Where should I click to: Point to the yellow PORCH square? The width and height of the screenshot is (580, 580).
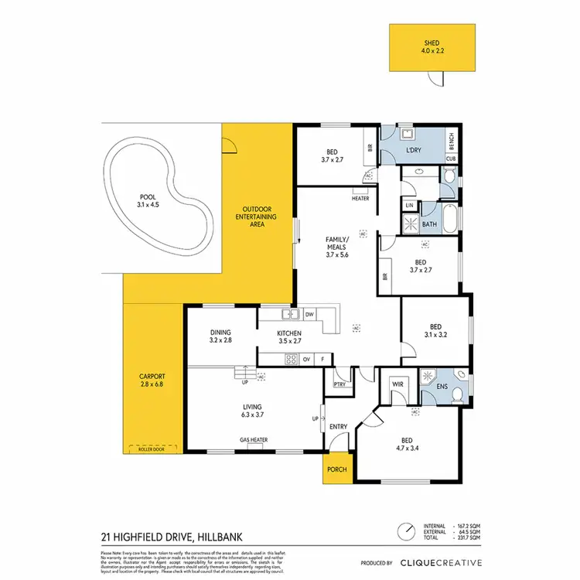[338, 469]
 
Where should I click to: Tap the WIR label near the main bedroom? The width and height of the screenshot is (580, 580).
[398, 383]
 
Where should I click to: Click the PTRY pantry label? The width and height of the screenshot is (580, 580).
[338, 384]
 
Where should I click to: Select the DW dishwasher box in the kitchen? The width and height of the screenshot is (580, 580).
[309, 314]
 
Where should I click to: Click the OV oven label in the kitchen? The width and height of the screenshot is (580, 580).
[305, 359]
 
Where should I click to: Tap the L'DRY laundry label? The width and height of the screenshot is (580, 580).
[415, 149]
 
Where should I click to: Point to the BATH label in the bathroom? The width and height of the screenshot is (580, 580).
[430, 225]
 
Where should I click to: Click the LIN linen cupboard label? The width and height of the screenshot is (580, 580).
[408, 206]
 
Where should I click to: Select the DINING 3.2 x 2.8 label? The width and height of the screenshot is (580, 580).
[220, 336]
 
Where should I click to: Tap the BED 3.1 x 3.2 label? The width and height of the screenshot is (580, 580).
[435, 330]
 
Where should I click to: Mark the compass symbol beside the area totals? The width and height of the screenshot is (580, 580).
[404, 533]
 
